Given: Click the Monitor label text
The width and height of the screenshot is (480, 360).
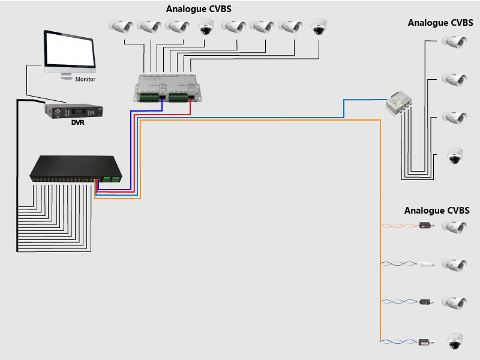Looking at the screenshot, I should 85,79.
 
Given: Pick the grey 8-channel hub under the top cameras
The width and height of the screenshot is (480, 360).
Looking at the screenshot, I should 167,88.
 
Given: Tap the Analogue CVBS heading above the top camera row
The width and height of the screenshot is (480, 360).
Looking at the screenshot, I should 199,10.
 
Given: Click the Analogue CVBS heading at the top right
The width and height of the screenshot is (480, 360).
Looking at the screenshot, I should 440,23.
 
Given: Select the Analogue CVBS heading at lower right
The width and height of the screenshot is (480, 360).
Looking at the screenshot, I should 437,211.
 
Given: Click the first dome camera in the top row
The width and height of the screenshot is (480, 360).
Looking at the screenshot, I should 206,26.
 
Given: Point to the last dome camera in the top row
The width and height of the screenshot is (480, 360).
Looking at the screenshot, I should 319,26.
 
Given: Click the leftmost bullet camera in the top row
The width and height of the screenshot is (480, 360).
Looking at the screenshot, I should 121,26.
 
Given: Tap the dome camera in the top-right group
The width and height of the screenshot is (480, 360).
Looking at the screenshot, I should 455,157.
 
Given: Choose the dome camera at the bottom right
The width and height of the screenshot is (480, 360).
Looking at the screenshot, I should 455,342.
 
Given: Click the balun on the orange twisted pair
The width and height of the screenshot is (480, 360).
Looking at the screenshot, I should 427,226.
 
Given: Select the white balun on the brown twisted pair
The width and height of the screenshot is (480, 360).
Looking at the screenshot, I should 427,263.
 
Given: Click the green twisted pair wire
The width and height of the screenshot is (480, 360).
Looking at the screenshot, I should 399,302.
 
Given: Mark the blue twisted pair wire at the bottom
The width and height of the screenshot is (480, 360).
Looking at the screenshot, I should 399,341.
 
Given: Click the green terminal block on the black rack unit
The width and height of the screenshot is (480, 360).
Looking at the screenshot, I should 112,179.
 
